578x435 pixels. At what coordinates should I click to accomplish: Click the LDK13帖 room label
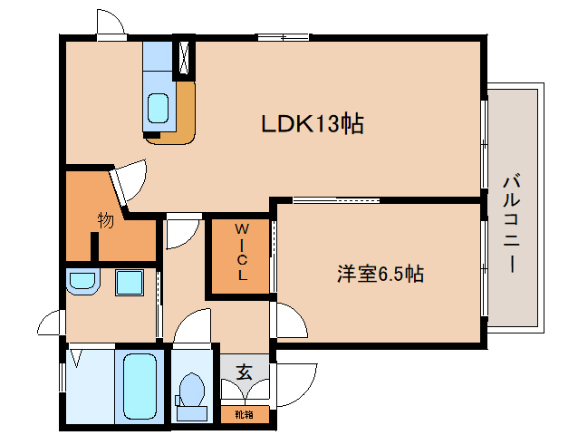[x=313, y=123]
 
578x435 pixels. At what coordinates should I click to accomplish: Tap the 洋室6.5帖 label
[x=381, y=274]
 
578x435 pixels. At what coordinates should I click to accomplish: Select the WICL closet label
[x=242, y=252]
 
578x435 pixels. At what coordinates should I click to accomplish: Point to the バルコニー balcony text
[x=512, y=224]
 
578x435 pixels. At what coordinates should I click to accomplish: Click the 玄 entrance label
[x=244, y=372]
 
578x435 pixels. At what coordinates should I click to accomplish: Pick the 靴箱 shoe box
[x=245, y=414]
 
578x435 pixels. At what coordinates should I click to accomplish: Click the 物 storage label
[x=105, y=220]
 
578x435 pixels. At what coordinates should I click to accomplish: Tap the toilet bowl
[x=192, y=396]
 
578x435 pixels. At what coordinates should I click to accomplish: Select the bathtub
[x=140, y=386]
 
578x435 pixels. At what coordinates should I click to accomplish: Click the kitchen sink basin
[x=159, y=108]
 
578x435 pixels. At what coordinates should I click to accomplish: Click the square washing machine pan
[x=130, y=283]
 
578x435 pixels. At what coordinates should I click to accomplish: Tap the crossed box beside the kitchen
[x=184, y=57]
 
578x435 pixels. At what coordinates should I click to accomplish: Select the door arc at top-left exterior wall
[x=111, y=22]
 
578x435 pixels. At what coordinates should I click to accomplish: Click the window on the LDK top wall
[x=283, y=37]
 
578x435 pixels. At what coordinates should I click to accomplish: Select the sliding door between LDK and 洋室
[x=336, y=200]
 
